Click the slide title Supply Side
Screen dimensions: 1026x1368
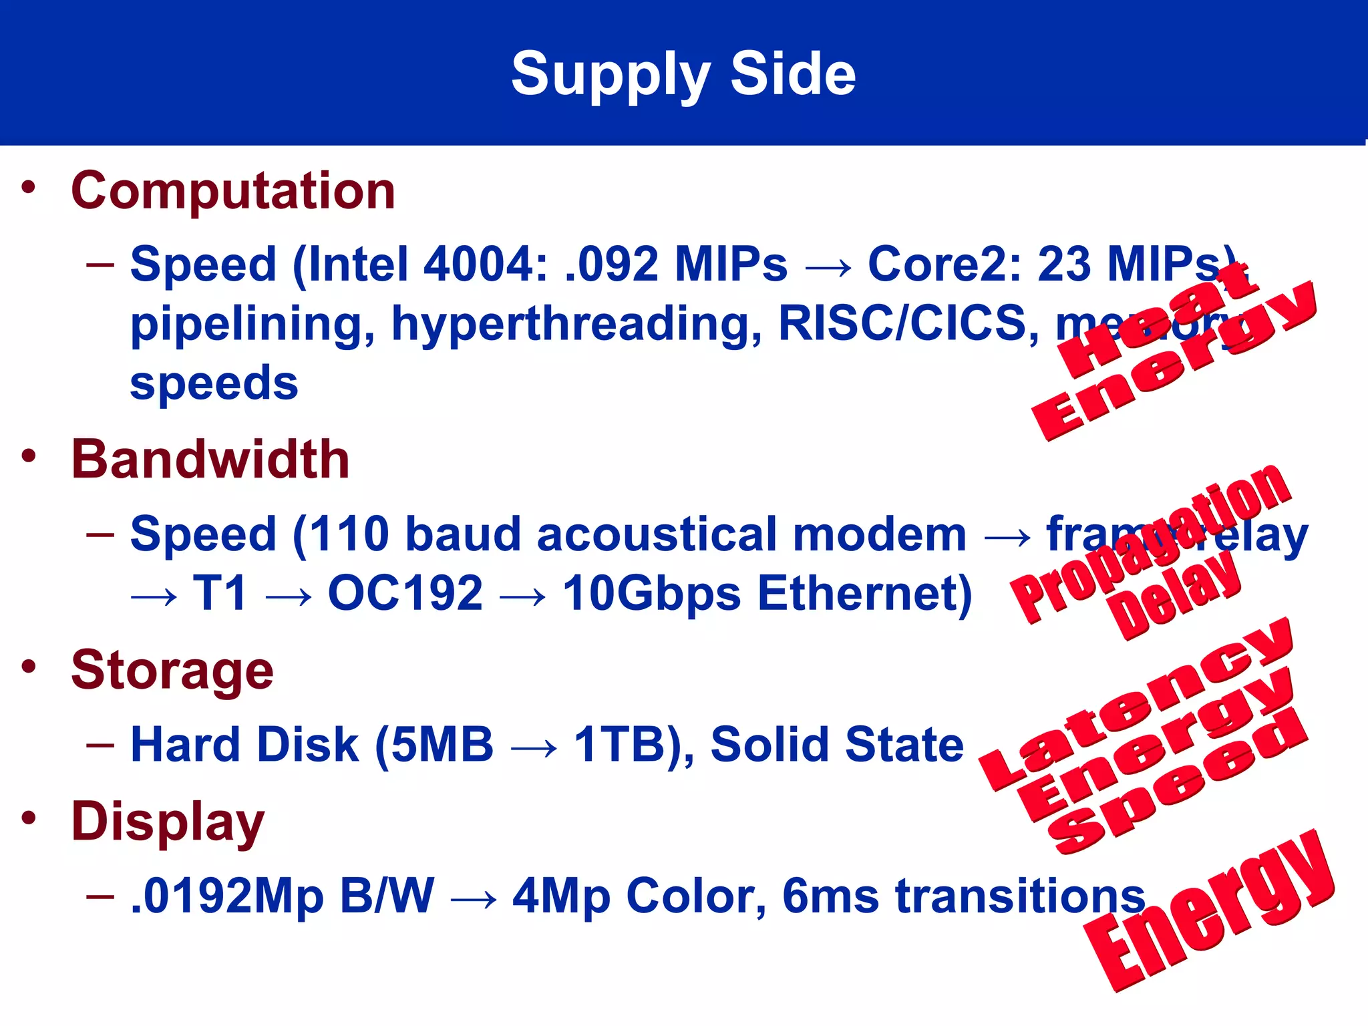click(x=683, y=75)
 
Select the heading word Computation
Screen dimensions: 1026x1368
click(x=233, y=191)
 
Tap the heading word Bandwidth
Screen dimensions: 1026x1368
click(x=210, y=460)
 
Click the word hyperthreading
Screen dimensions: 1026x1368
click(x=576, y=325)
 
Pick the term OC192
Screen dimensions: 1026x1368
click(x=405, y=593)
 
